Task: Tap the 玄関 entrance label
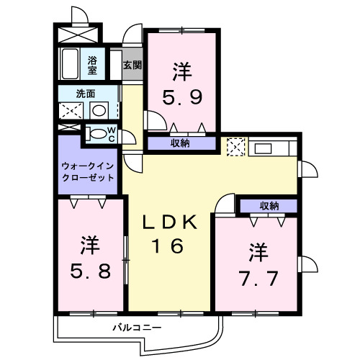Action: tap(132, 65)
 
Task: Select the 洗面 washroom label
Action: tap(87, 93)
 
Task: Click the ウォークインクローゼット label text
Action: tap(88, 171)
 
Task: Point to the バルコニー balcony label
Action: tap(136, 329)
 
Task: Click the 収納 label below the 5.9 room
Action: tap(180, 143)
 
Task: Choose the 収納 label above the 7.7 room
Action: tap(269, 206)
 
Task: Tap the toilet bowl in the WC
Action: tap(96, 133)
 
